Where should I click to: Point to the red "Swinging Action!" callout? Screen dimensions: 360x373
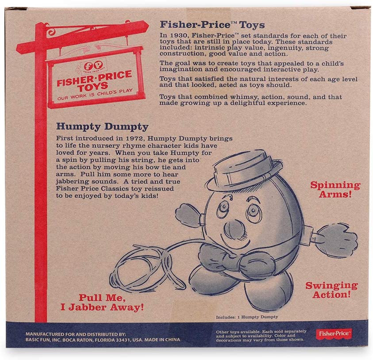pyautogui.click(x=331, y=290)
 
